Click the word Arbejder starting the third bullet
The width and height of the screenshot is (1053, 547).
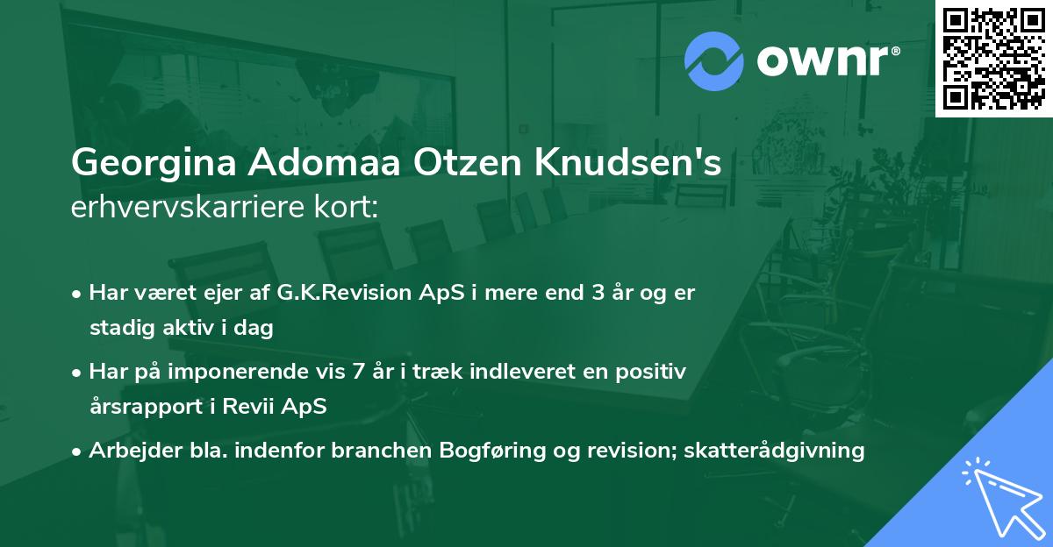tap(129, 451)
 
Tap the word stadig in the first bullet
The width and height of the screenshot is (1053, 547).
tap(116, 329)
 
